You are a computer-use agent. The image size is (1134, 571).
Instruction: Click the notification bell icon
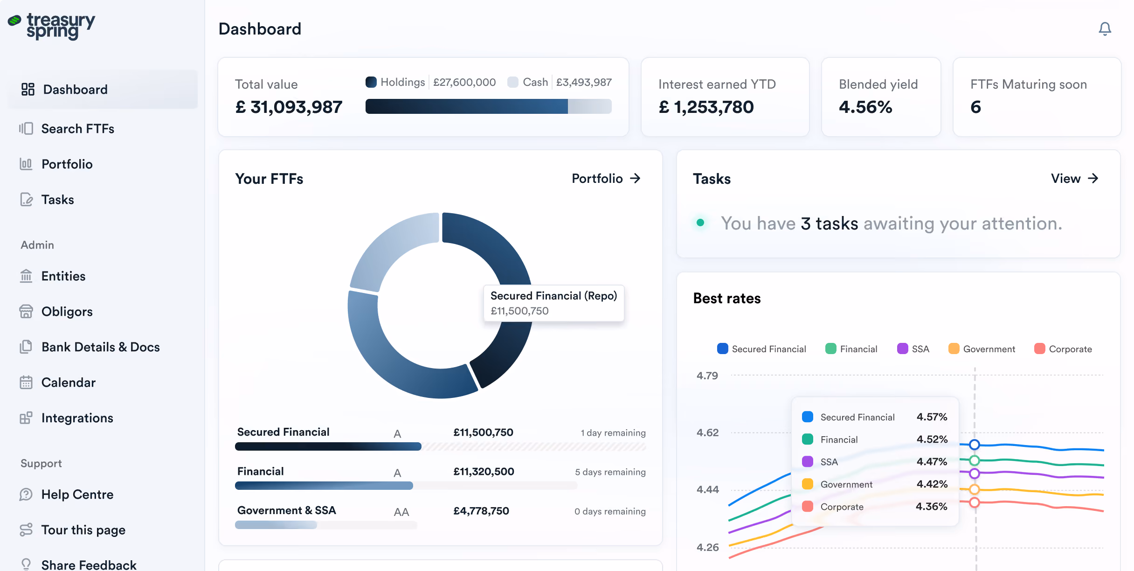coord(1105,29)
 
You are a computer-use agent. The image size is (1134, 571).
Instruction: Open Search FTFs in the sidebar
coord(67,129)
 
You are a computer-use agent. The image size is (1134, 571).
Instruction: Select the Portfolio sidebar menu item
coord(56,164)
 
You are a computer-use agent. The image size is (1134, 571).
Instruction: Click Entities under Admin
coord(53,276)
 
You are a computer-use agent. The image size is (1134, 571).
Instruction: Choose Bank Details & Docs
coord(90,347)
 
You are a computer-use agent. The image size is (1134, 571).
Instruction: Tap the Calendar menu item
coord(57,383)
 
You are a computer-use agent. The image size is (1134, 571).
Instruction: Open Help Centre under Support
coord(66,494)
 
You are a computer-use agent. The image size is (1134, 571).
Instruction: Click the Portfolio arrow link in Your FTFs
coord(606,179)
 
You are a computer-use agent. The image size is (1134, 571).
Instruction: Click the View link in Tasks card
coord(1075,179)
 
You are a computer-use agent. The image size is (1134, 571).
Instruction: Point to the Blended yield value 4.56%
coord(865,107)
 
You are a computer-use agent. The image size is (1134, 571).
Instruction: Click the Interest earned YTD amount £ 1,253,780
coord(706,107)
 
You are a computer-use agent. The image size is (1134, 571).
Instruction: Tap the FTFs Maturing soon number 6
coord(975,107)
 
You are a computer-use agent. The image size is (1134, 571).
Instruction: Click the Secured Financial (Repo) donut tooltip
coord(553,303)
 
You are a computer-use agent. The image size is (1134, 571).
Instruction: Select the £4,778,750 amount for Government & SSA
coord(481,511)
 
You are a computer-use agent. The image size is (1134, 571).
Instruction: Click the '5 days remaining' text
coord(610,472)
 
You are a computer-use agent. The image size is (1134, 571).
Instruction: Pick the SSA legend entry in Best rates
coord(913,349)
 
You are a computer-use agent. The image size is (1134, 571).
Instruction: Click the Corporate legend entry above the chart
coord(1063,349)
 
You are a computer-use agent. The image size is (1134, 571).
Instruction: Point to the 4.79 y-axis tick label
coord(707,376)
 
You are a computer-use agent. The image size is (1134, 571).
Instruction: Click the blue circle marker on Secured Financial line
coord(974,445)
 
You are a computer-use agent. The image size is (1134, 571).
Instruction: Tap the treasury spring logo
coord(51,26)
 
